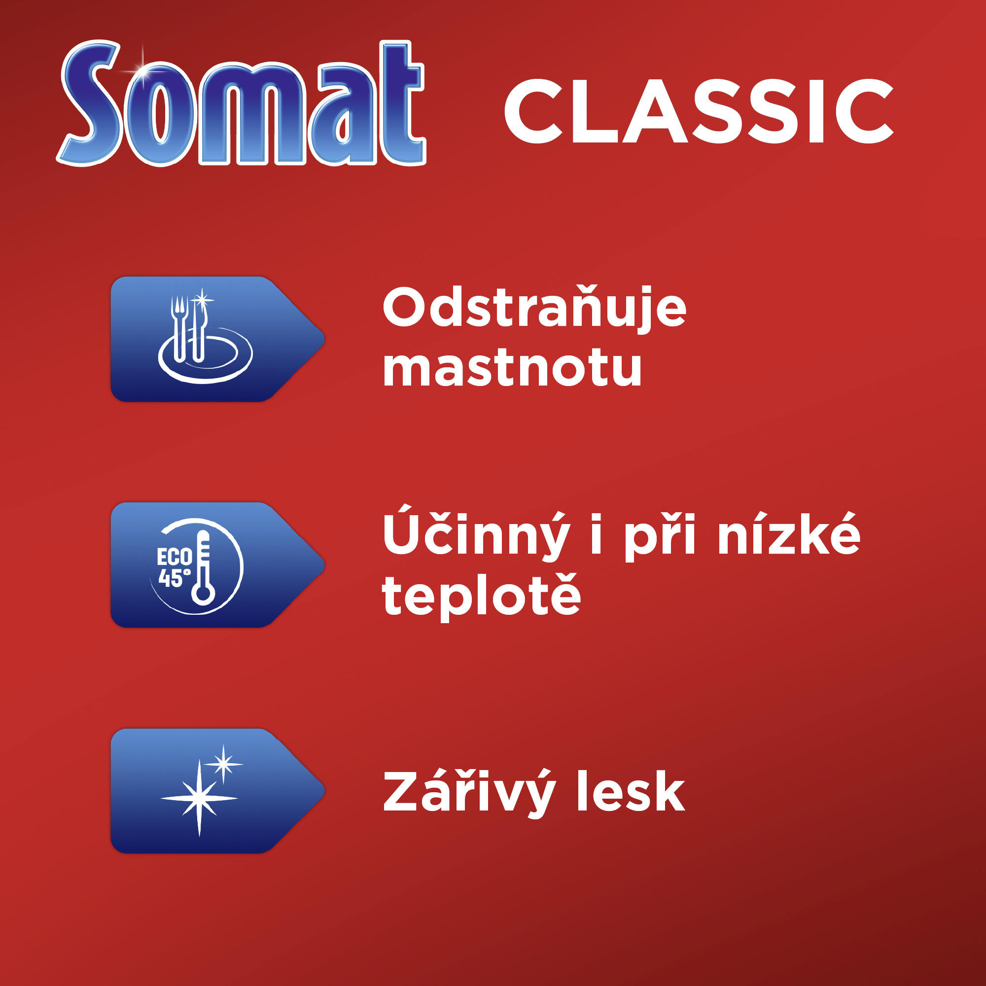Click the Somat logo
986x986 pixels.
[241, 103]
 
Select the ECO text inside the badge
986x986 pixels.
[174, 557]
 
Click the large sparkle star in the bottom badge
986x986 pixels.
[199, 798]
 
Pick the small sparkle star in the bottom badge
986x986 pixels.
[223, 764]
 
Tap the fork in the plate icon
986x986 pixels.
[178, 329]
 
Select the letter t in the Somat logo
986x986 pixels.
[401, 102]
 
